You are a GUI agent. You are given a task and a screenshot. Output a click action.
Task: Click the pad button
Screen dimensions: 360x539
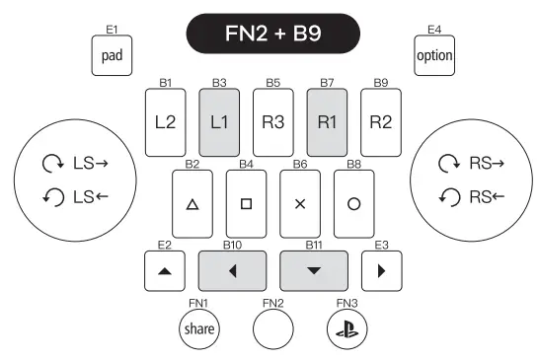coord(111,56)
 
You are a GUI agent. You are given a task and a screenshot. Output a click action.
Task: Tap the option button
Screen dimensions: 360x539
coord(433,56)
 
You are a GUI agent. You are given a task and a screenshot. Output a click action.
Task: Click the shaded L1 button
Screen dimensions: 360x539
coord(219,122)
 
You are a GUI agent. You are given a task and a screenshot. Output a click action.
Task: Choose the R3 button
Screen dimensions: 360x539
coord(273,122)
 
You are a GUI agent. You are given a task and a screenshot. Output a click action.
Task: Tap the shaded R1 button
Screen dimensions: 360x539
coord(327,122)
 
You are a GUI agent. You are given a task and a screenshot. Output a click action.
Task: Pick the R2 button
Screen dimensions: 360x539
coord(381,122)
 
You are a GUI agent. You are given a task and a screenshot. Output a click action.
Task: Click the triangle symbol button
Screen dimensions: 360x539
coord(192,202)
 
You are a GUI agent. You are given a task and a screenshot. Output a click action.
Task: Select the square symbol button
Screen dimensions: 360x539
coord(246,202)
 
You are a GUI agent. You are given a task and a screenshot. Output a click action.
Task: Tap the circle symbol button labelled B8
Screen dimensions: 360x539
coord(353,202)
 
